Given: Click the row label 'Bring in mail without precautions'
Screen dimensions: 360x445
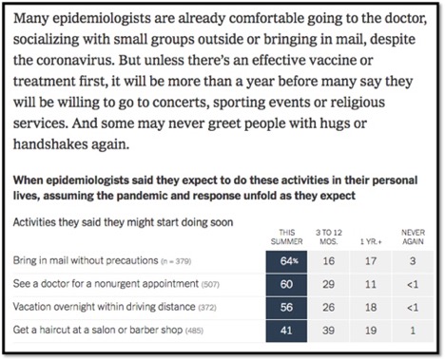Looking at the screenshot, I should click(87, 260).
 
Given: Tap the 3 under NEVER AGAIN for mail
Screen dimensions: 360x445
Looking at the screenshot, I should click(411, 260).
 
